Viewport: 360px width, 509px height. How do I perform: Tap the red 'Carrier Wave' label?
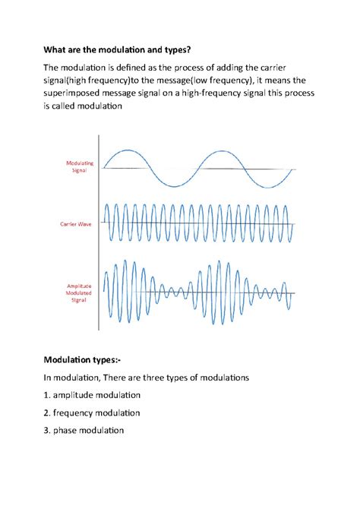pos(76,224)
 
